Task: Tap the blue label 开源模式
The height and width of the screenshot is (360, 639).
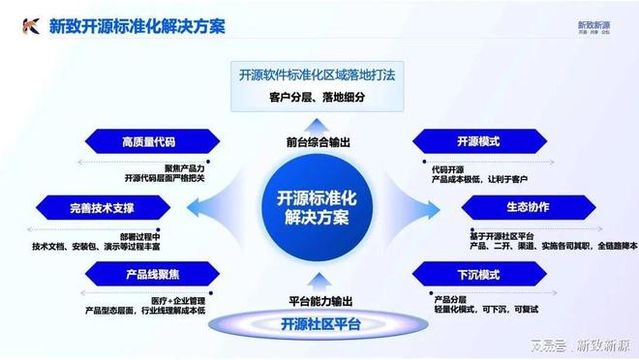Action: [x=475, y=141]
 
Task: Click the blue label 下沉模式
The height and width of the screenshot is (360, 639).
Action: [x=475, y=274]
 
